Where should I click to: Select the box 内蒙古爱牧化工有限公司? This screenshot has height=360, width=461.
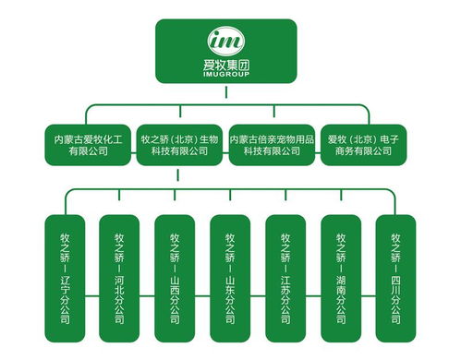pos(89,145)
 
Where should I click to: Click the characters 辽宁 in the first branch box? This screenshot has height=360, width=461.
pos(65,281)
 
